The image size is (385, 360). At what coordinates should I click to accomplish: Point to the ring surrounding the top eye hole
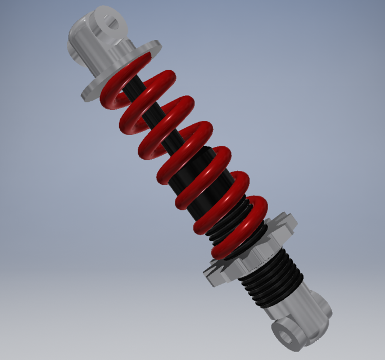pos(105,17)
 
